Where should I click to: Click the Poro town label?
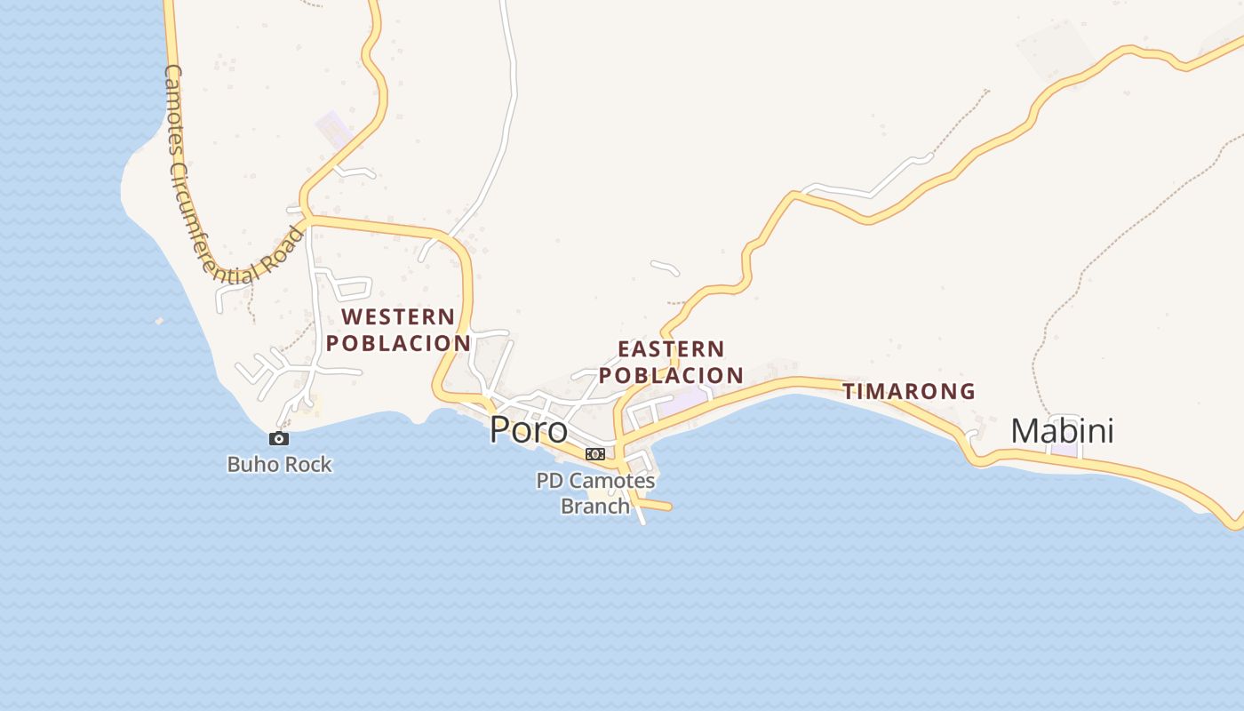(529, 430)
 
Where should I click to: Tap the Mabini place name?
(1062, 432)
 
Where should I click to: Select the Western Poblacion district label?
(397, 330)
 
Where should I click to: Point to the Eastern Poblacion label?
(671, 362)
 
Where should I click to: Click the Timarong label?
(908, 391)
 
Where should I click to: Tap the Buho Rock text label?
(279, 464)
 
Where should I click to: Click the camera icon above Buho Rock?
(278, 438)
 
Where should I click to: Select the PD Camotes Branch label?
(595, 493)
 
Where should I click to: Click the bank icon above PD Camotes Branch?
(594, 454)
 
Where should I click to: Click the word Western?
(397, 316)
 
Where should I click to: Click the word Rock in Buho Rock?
(307, 464)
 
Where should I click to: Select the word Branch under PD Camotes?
(594, 507)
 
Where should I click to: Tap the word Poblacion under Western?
(397, 343)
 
